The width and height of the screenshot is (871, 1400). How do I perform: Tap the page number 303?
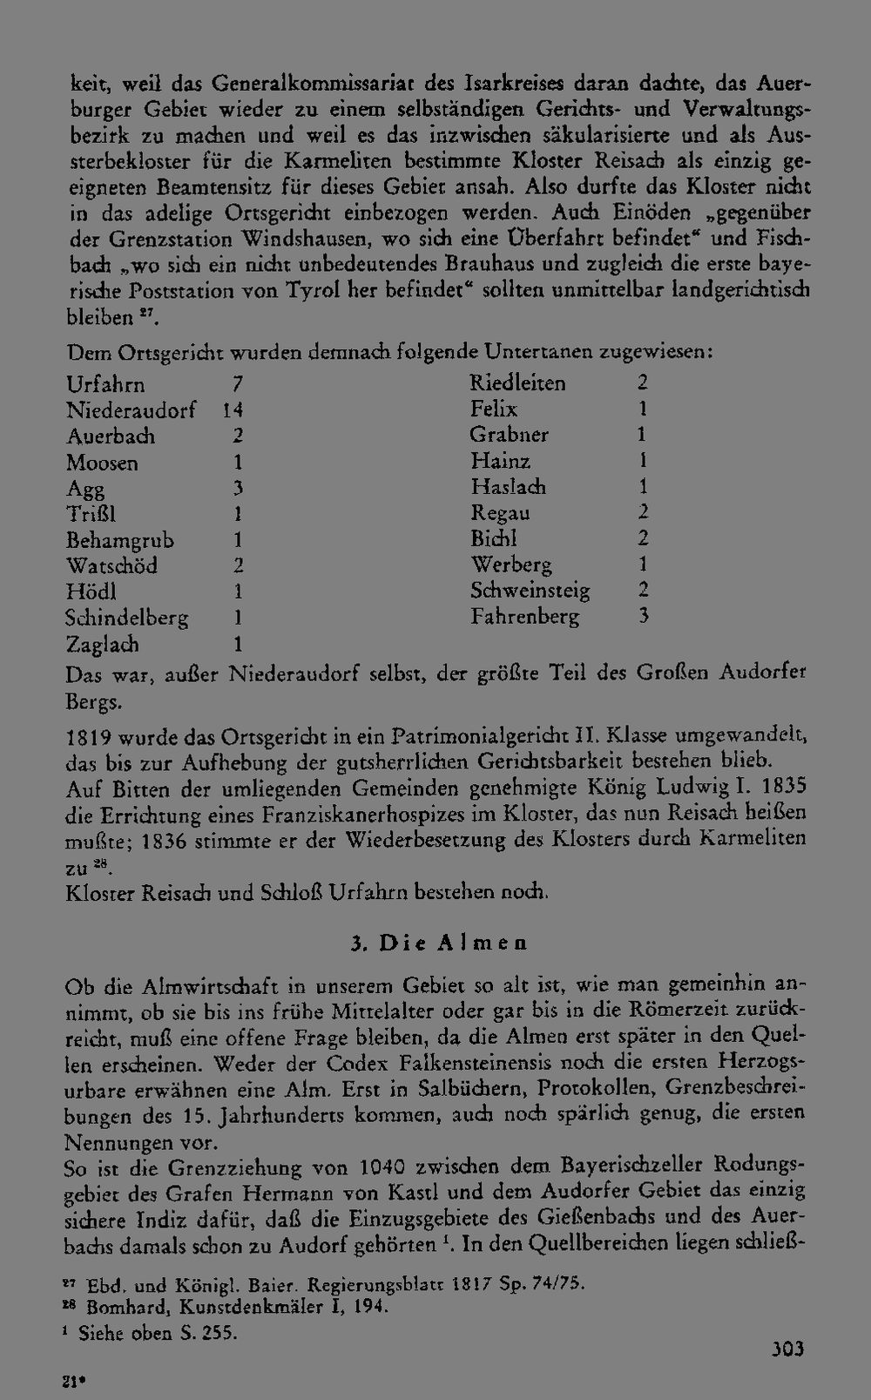point(787,1349)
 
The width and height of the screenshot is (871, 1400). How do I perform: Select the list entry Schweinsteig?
point(530,591)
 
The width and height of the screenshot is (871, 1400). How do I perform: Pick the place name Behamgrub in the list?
point(120,541)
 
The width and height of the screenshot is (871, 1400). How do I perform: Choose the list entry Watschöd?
point(112,566)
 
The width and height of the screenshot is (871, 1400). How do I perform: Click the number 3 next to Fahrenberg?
point(643,617)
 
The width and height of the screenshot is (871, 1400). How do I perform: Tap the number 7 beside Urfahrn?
point(236,384)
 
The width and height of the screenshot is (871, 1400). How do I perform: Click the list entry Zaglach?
point(103,646)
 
